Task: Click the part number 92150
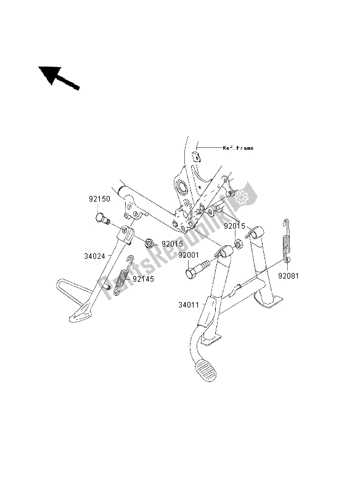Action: point(99,199)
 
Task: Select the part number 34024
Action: point(94,256)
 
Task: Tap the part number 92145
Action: point(144,279)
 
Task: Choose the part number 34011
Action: point(189,304)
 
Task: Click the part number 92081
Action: point(288,275)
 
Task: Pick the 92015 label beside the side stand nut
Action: point(173,243)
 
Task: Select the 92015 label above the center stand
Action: point(234,226)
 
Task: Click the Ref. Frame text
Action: point(238,148)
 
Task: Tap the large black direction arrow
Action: point(59,78)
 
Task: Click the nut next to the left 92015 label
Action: point(149,243)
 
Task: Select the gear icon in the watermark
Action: point(241,197)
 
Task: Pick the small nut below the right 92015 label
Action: point(239,243)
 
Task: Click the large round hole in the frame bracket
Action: point(182,187)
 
